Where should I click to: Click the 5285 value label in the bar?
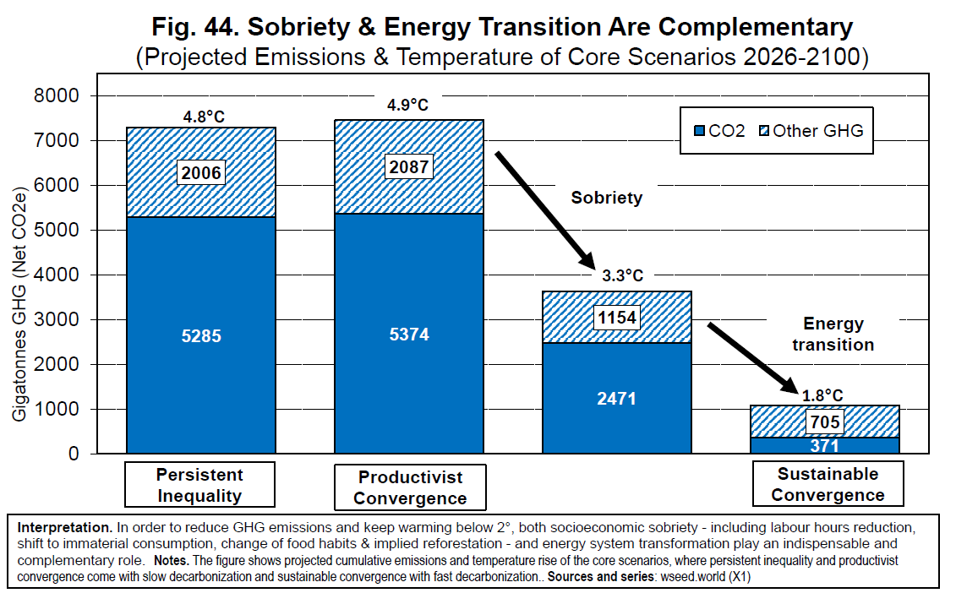(x=201, y=336)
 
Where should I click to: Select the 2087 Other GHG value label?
(x=409, y=166)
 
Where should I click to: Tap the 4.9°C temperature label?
(x=407, y=106)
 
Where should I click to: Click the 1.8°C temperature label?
(x=822, y=394)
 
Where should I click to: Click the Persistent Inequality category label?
(x=199, y=485)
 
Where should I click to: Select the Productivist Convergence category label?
(x=410, y=487)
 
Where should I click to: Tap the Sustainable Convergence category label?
(x=828, y=484)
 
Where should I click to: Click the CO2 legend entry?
(x=719, y=131)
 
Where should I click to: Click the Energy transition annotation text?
(x=833, y=335)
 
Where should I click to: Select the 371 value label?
(x=825, y=444)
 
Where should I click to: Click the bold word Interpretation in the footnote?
(x=64, y=526)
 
